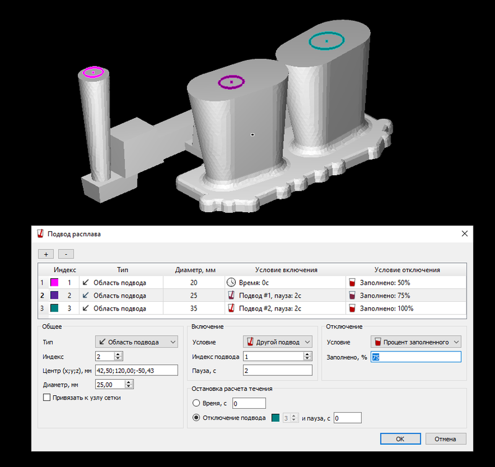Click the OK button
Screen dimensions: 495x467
pos(400,439)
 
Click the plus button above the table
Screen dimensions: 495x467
pos(46,254)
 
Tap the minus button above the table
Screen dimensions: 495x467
pos(66,254)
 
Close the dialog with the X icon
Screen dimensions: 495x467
pos(465,234)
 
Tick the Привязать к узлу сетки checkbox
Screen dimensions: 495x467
pos(47,397)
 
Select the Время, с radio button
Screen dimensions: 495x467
pos(196,403)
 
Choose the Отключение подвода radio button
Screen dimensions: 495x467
pos(196,418)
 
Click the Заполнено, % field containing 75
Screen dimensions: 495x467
pos(416,357)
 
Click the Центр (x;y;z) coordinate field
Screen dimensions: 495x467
pos(136,370)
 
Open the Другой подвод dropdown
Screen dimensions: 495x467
pos(277,341)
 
